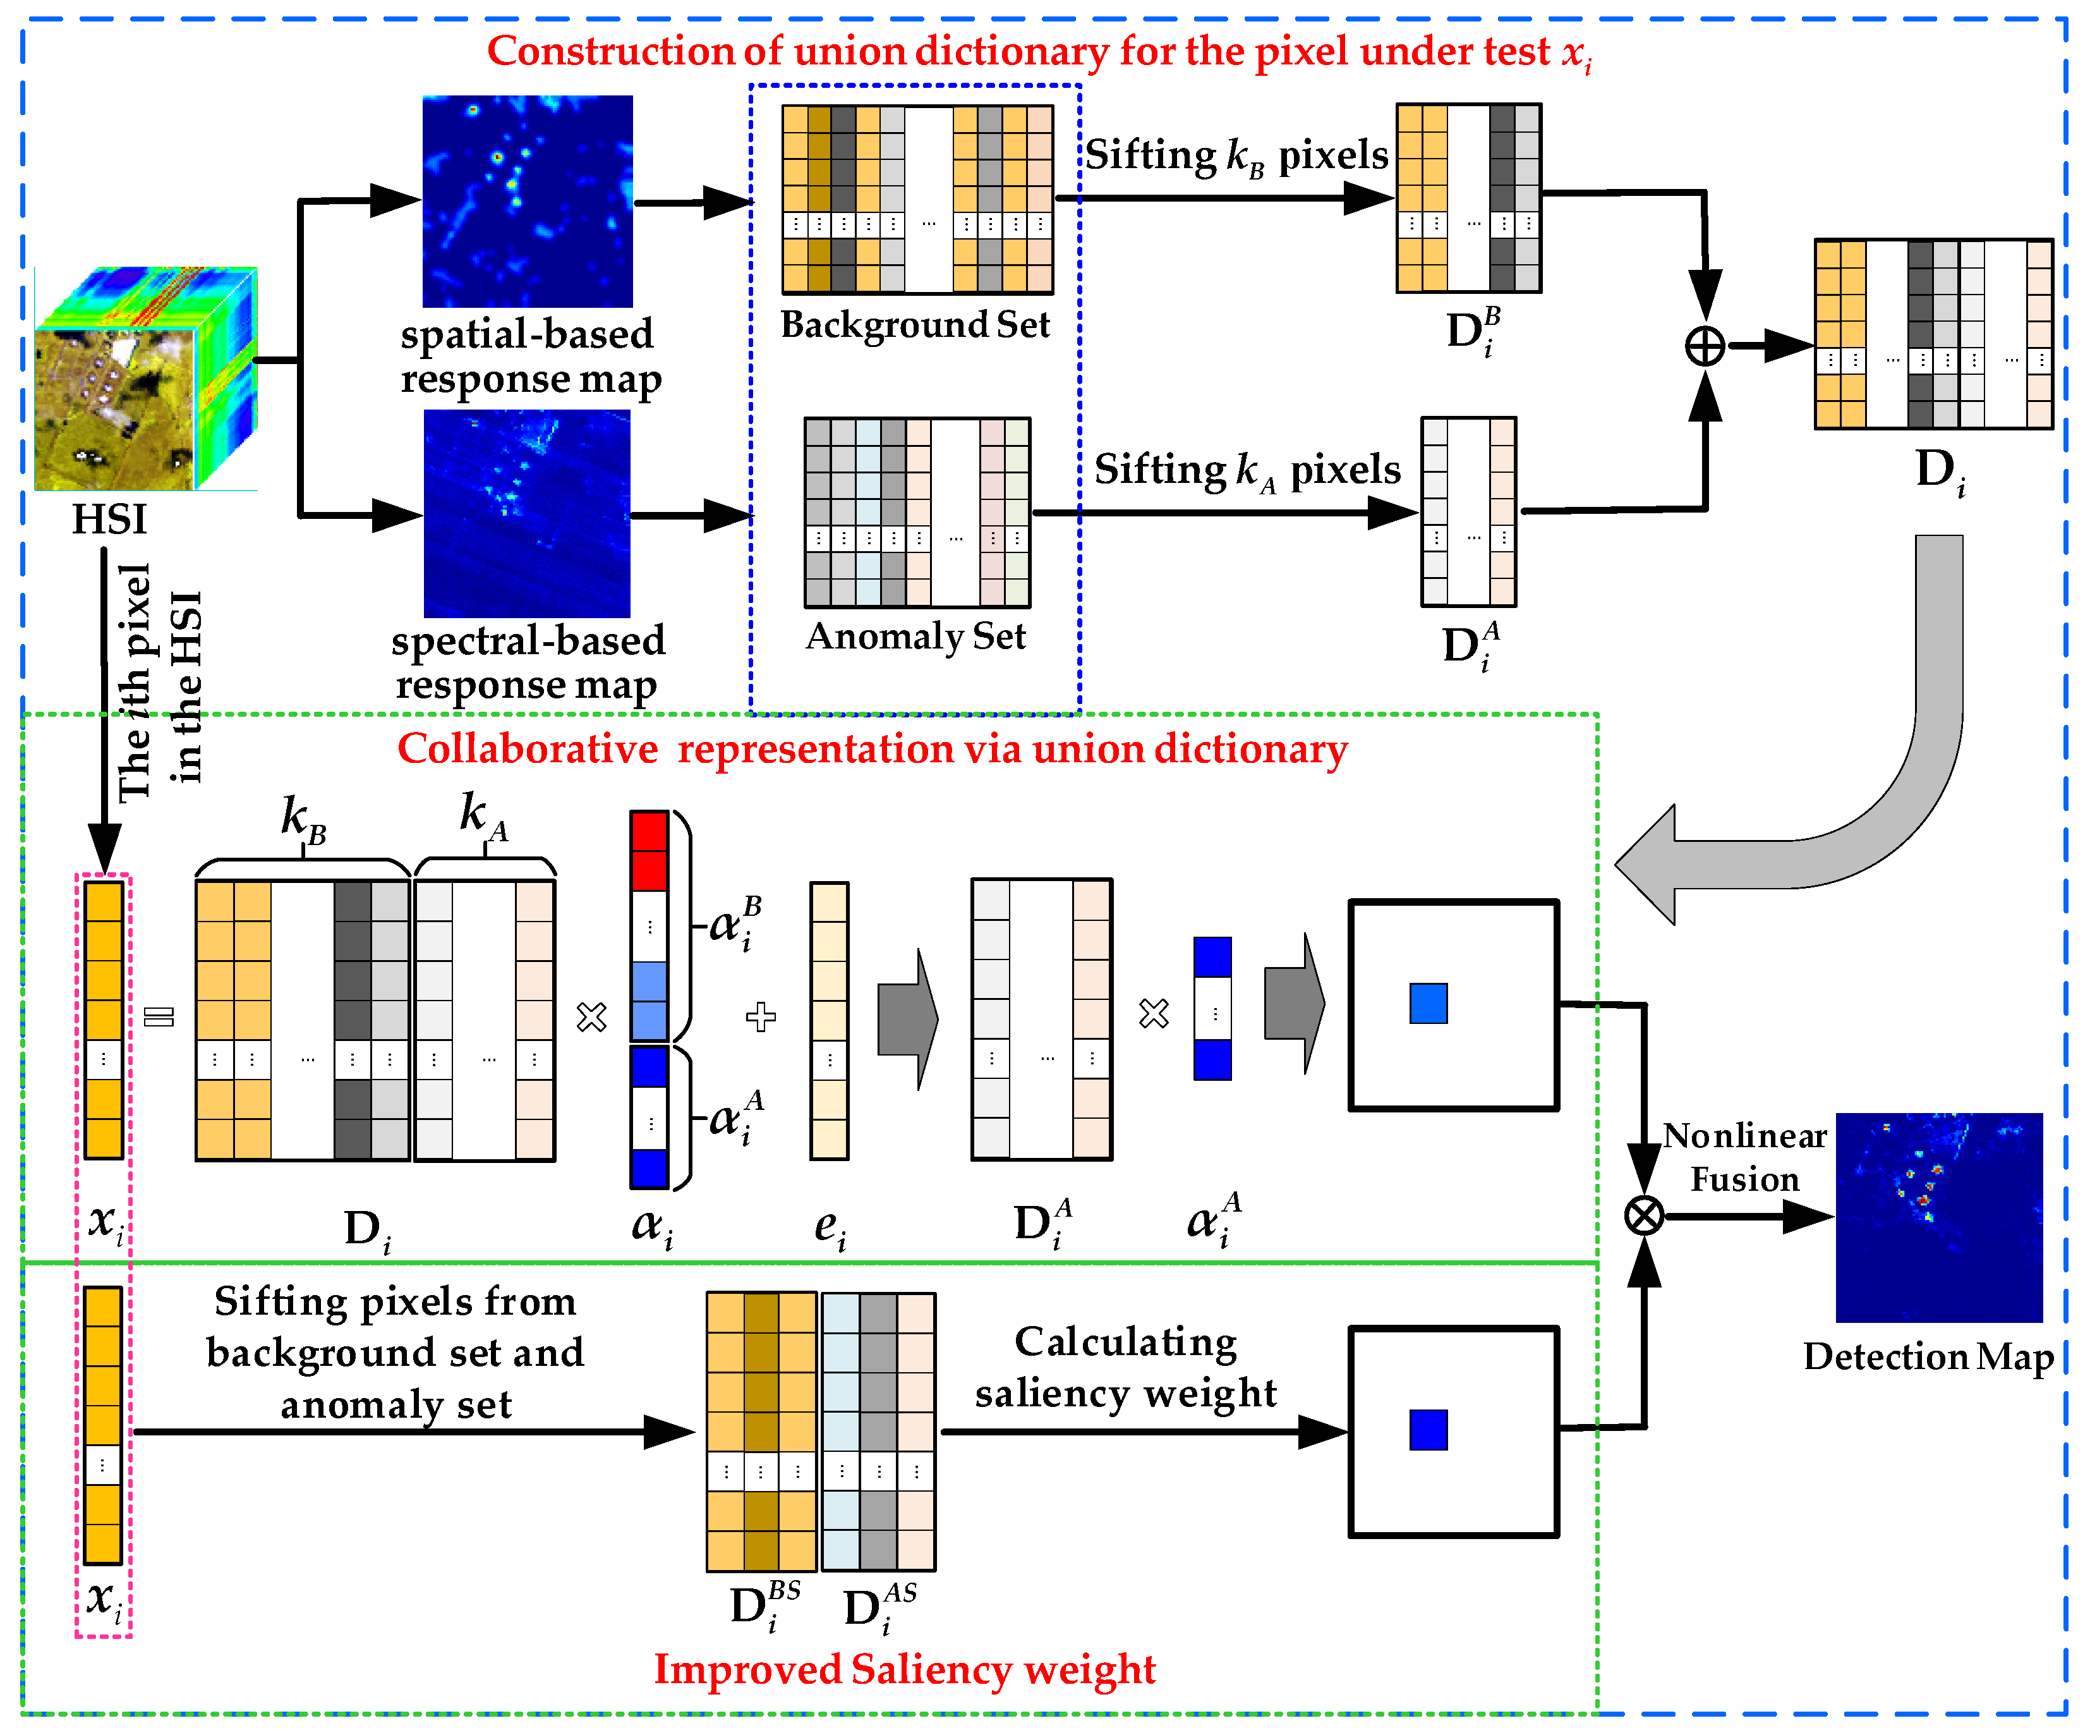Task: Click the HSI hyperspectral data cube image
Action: pyautogui.click(x=144, y=378)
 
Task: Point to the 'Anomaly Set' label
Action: pyautogui.click(x=915, y=636)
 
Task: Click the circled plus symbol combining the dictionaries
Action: pyautogui.click(x=1704, y=346)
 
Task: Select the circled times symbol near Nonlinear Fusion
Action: pyautogui.click(x=1643, y=1215)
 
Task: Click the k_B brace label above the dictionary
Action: pyautogui.click(x=303, y=819)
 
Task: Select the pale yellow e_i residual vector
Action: pyautogui.click(x=829, y=1020)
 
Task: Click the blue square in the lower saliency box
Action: pyautogui.click(x=1427, y=1430)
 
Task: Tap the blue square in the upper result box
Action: pyautogui.click(x=1427, y=1003)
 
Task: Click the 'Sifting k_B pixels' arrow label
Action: pyautogui.click(x=1235, y=155)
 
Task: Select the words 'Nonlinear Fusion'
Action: pyautogui.click(x=1744, y=1157)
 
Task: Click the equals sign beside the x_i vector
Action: pyautogui.click(x=159, y=1016)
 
